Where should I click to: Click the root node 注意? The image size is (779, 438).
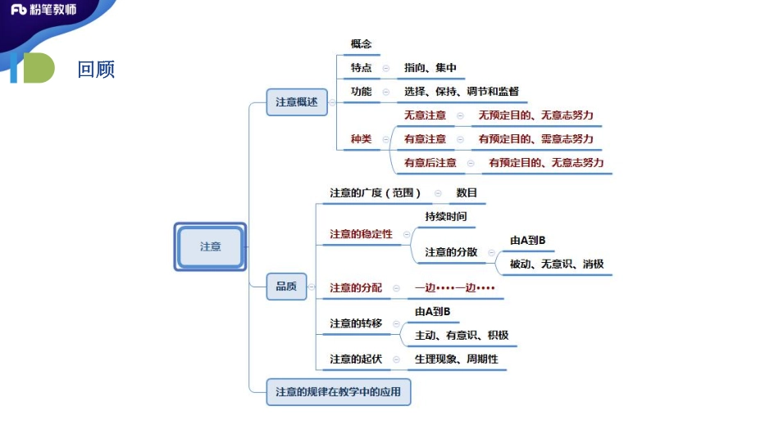pyautogui.click(x=210, y=246)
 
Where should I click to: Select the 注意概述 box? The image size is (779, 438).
pyautogui.click(x=296, y=102)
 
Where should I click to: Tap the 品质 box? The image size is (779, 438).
pyautogui.click(x=286, y=286)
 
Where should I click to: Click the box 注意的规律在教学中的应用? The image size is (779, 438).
pyautogui.click(x=339, y=392)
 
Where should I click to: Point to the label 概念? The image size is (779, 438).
pyautogui.click(x=362, y=43)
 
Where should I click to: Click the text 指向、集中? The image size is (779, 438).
pyautogui.click(x=430, y=68)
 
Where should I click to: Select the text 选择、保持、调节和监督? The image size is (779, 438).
pyautogui.click(x=461, y=92)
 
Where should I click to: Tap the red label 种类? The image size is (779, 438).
pyautogui.click(x=362, y=139)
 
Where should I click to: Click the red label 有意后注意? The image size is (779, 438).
pyautogui.click(x=430, y=163)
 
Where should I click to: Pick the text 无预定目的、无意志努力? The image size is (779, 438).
pyautogui.click(x=536, y=115)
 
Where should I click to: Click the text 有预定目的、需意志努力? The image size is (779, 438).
pyautogui.click(x=536, y=139)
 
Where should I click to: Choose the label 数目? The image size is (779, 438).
pyautogui.click(x=467, y=193)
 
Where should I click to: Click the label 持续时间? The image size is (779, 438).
pyautogui.click(x=446, y=216)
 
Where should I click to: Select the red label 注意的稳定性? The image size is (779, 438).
pyautogui.click(x=362, y=234)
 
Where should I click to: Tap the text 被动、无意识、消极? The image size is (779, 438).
pyautogui.click(x=557, y=264)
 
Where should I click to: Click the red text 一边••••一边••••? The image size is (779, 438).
pyautogui.click(x=455, y=288)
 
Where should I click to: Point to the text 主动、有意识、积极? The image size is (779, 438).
pyautogui.click(x=462, y=335)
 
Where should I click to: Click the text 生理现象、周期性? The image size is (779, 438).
pyautogui.click(x=456, y=359)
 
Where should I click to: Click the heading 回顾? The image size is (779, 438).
pyautogui.click(x=96, y=69)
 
